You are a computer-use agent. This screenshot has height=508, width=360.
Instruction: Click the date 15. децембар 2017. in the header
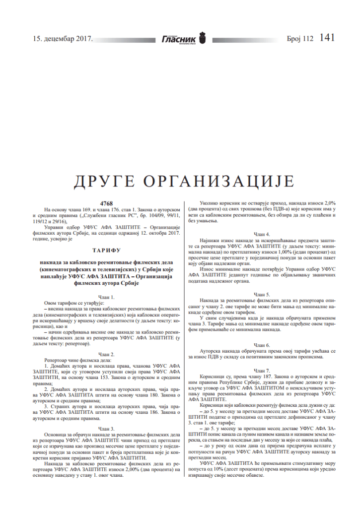click(x=63, y=38)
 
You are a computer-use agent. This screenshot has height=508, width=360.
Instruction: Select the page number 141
click(x=328, y=38)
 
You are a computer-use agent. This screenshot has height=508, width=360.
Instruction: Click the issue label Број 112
click(x=300, y=38)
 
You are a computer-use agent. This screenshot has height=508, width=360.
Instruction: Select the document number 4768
click(x=106, y=204)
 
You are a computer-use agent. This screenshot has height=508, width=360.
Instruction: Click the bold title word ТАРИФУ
click(x=106, y=251)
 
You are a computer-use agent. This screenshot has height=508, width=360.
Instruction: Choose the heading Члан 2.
click(x=106, y=354)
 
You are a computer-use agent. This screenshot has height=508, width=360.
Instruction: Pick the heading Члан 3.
click(x=106, y=428)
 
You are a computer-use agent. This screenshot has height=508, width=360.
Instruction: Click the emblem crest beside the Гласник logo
click(x=202, y=37)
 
